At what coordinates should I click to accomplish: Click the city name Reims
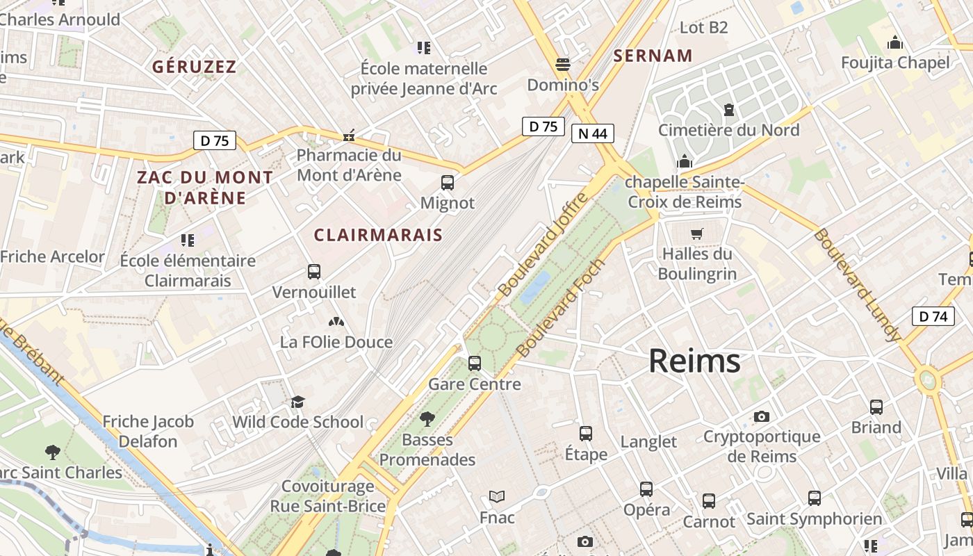[x=694, y=361]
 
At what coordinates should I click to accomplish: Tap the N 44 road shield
[x=592, y=133]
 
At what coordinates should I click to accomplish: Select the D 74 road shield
[x=933, y=316]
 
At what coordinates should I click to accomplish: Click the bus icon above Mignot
[x=448, y=183]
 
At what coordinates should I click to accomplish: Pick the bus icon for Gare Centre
[x=475, y=363]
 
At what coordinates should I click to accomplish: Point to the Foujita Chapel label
[x=895, y=63]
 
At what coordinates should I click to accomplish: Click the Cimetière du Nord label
[x=728, y=130]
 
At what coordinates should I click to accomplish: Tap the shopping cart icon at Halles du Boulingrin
[x=697, y=234]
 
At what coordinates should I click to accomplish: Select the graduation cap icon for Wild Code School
[x=298, y=402]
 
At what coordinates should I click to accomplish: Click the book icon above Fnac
[x=497, y=496]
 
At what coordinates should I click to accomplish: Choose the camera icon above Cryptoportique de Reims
[x=762, y=416]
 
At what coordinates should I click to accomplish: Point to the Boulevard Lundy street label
[x=856, y=285]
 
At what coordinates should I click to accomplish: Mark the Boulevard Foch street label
[x=562, y=309]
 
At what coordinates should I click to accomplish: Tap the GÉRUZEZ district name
[x=195, y=67]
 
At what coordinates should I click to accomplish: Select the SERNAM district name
[x=653, y=56]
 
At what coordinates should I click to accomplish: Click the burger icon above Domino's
[x=563, y=65]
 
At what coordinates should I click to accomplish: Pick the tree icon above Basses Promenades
[x=427, y=418]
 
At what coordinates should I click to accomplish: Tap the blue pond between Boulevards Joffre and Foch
[x=535, y=287]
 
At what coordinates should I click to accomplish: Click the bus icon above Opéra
[x=646, y=489]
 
